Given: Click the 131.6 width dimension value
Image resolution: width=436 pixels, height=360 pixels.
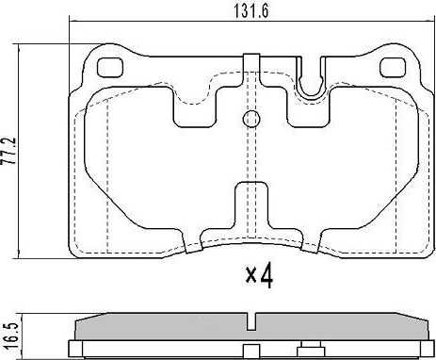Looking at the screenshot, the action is click(251, 11).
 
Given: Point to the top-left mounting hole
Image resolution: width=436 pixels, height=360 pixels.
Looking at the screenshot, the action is click(110, 68).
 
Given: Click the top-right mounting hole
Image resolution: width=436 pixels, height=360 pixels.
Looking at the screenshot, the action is click(392, 68).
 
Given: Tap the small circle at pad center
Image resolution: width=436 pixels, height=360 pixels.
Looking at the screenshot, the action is click(251, 119).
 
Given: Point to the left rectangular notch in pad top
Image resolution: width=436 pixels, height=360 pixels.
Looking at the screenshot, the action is click(195, 106).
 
